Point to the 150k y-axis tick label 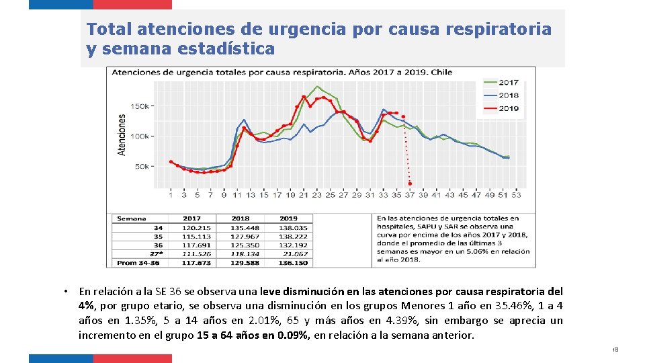pyautogui.click(x=140, y=106)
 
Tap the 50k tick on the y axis pyautogui.click(x=142, y=166)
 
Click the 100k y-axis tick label pyautogui.click(x=140, y=136)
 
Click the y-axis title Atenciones pyautogui.click(x=122, y=134)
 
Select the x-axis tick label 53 pyautogui.click(x=516, y=195)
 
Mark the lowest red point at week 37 pyautogui.click(x=410, y=184)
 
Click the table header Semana pyautogui.click(x=131, y=218)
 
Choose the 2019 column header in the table pyautogui.click(x=288, y=218)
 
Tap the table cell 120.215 pyautogui.click(x=196, y=228)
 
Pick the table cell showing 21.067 pyautogui.click(x=295, y=253)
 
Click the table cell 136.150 pyautogui.click(x=293, y=262)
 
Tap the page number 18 pyautogui.click(x=615, y=350)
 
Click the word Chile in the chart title pyautogui.click(x=441, y=72)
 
